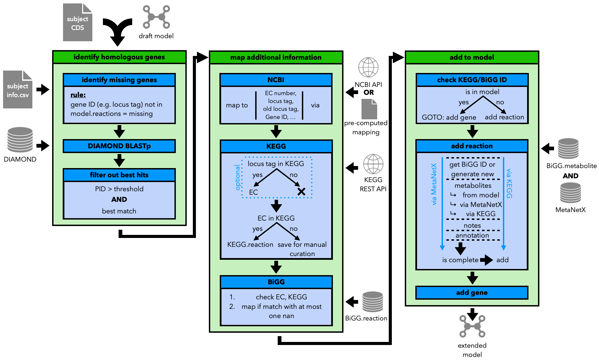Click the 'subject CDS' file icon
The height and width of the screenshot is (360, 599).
point(78,22)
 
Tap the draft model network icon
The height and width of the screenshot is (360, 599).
point(156,17)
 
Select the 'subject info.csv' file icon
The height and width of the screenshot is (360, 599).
point(18,89)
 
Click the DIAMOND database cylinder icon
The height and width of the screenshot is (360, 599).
point(20,140)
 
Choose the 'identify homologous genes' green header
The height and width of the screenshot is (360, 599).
point(119,57)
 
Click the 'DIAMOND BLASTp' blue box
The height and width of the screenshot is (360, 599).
point(119,146)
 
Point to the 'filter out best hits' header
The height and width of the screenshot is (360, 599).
point(119,175)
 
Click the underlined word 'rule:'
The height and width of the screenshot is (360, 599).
point(78,95)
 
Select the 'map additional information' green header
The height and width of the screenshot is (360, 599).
point(276,57)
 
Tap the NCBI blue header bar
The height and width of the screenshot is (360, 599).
point(276,80)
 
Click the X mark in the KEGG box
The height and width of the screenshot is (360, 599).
point(301,192)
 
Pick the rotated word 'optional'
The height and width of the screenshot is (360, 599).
point(238,177)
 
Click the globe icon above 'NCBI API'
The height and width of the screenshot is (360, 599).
point(368,67)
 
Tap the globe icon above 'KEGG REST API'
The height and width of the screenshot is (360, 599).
point(373,164)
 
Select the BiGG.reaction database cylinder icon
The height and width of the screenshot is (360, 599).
point(373,302)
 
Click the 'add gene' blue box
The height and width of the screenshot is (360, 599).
point(472,292)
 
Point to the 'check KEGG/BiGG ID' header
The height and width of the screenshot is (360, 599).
point(472,80)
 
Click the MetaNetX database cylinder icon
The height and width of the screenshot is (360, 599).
point(570,193)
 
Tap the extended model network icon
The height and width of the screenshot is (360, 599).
point(472,326)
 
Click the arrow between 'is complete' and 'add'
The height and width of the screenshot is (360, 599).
point(487,260)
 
